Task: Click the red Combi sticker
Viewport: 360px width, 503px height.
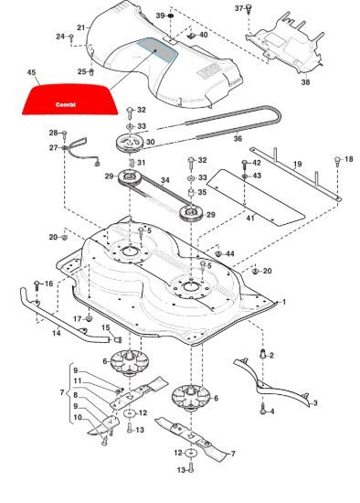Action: [69, 99]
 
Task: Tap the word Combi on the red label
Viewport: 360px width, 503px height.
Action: [66, 104]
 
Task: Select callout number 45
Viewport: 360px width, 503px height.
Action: [31, 72]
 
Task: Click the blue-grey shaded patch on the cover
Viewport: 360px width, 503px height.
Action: [158, 49]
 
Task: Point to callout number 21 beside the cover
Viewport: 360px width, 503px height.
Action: [81, 27]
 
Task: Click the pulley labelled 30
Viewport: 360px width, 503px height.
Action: [129, 143]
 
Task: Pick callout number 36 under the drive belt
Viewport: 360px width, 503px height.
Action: [238, 139]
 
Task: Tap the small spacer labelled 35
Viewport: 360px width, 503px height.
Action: [192, 194]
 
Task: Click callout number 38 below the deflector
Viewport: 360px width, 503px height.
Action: [305, 82]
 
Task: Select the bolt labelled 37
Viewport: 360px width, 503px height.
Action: [249, 8]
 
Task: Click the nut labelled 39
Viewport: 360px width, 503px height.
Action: [170, 16]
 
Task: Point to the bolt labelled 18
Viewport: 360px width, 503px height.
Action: [337, 161]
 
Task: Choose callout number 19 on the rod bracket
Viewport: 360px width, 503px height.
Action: [298, 165]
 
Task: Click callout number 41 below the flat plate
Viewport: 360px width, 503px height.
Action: [250, 219]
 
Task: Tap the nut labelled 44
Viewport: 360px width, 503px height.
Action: [218, 254]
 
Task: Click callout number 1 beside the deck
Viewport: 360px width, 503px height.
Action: [283, 302]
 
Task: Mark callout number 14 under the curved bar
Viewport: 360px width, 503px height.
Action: [57, 333]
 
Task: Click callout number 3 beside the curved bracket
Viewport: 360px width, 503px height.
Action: [315, 403]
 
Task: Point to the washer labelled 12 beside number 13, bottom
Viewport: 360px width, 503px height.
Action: [191, 453]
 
